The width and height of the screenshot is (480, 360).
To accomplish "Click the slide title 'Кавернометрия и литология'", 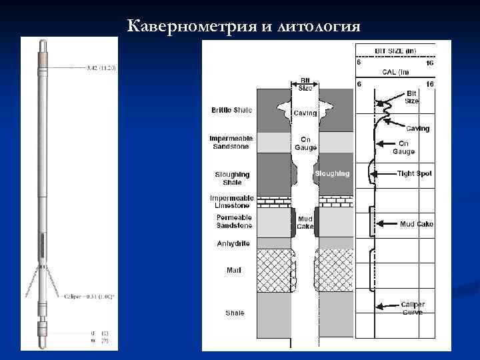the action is [244, 26].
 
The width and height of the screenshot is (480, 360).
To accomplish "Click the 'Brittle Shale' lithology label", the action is [231, 109].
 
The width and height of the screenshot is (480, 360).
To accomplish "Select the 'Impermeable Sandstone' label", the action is [231, 143].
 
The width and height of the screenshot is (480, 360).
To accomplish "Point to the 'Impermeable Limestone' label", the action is [231, 202].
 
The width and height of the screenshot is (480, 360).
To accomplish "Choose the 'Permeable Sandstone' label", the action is [233, 222].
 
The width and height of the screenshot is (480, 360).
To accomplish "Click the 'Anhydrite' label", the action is [233, 243].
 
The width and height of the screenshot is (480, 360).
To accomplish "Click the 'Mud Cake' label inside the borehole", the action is [305, 222].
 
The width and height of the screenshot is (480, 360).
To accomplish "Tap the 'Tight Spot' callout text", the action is [415, 173].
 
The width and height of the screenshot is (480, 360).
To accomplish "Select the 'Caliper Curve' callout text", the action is [413, 309].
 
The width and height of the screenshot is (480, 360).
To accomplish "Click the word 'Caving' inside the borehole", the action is [305, 113].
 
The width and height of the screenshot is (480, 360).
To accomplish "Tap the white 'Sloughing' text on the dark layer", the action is [332, 173].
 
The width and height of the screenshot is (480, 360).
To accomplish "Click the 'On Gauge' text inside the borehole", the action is [305, 143].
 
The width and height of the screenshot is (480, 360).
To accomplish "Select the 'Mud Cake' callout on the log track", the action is [416, 224].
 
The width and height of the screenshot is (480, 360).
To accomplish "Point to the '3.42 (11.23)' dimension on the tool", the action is [101, 67].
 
